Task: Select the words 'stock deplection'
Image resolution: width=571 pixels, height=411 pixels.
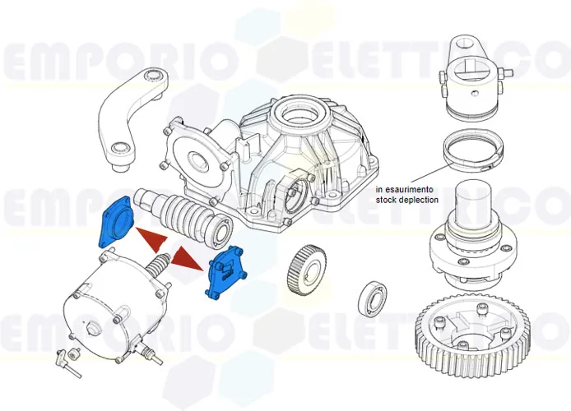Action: pyautogui.click(x=406, y=200)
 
